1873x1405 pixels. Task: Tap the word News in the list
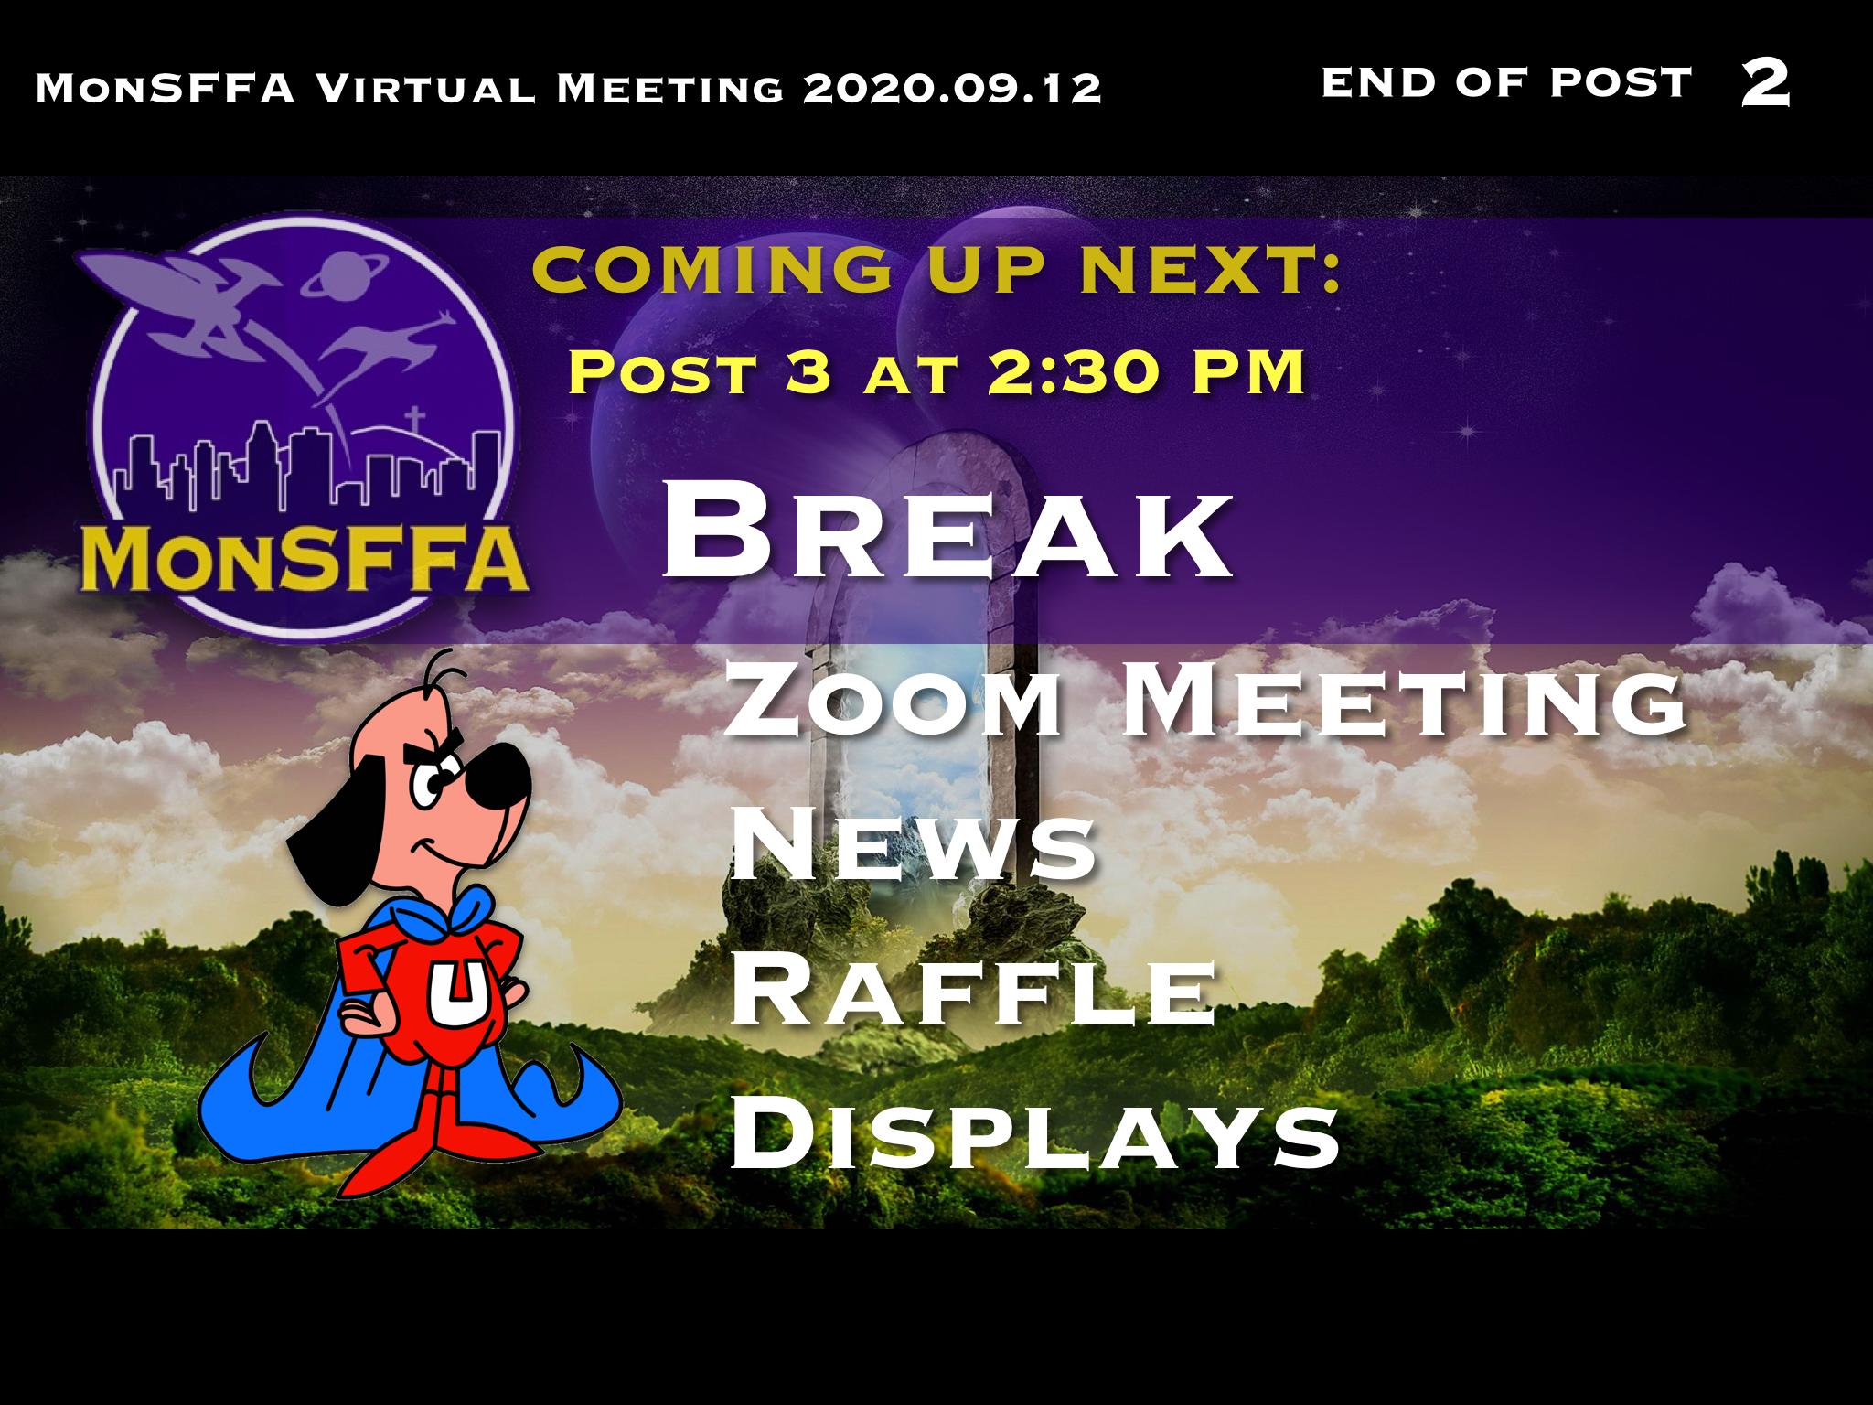[913, 845]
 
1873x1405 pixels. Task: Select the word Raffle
[973, 992]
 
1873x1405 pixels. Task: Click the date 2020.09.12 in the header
[951, 89]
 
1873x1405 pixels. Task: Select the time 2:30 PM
[1145, 374]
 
